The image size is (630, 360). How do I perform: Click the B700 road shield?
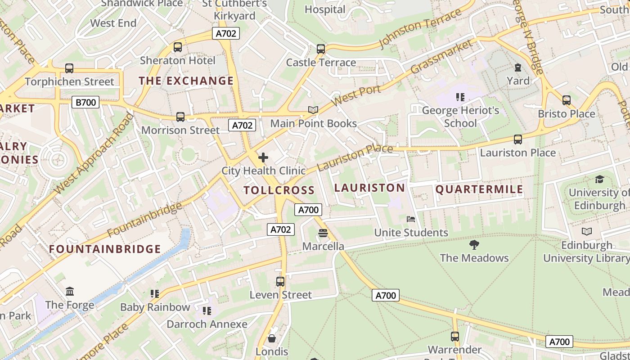pos(85,102)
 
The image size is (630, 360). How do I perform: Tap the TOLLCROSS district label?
pos(279,190)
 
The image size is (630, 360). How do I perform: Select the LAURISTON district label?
pos(369,188)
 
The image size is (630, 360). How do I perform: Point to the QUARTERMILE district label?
pos(479,189)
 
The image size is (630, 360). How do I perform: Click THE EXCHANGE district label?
pos(186,81)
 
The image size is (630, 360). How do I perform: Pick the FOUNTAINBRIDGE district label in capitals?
pos(105,249)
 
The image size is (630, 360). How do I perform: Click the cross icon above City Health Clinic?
pos(263,157)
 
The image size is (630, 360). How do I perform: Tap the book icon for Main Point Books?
pos(313,110)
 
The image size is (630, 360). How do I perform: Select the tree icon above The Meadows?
pos(474,245)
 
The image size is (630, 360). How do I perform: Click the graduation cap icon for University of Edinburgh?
pos(599,180)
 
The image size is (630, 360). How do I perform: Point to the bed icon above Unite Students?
pos(411,219)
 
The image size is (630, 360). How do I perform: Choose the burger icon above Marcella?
pos(323,233)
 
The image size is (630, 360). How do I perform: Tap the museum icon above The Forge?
pos(70,291)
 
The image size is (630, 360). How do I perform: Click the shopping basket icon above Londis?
pos(272,338)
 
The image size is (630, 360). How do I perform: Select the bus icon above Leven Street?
pos(280,282)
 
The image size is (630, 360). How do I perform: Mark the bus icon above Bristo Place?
pos(567,100)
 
